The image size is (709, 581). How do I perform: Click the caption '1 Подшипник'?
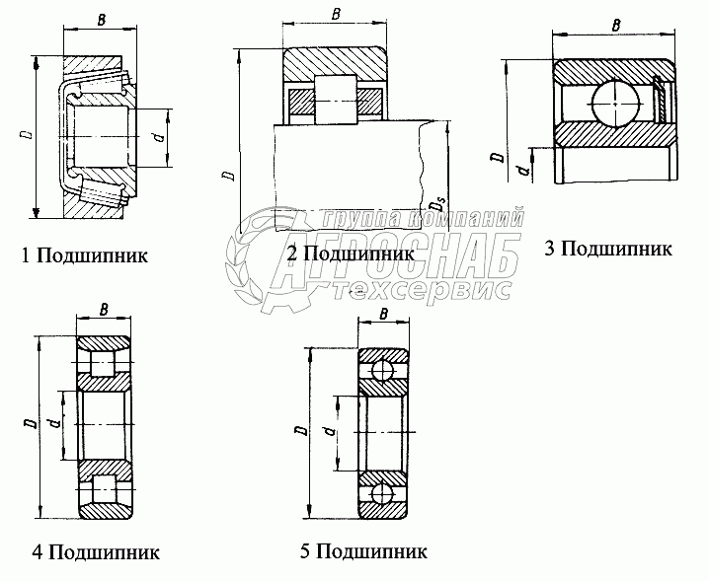(85, 256)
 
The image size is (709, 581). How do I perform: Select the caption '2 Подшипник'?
(350, 254)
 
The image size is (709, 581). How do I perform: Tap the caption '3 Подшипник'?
(607, 248)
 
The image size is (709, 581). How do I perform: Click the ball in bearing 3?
(615, 102)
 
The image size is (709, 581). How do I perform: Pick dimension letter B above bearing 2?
(337, 15)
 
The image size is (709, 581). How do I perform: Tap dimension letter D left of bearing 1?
(23, 135)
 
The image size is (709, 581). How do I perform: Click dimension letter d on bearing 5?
(325, 431)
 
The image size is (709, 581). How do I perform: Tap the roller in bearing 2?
(335, 100)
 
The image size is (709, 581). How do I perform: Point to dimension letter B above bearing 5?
(383, 315)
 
